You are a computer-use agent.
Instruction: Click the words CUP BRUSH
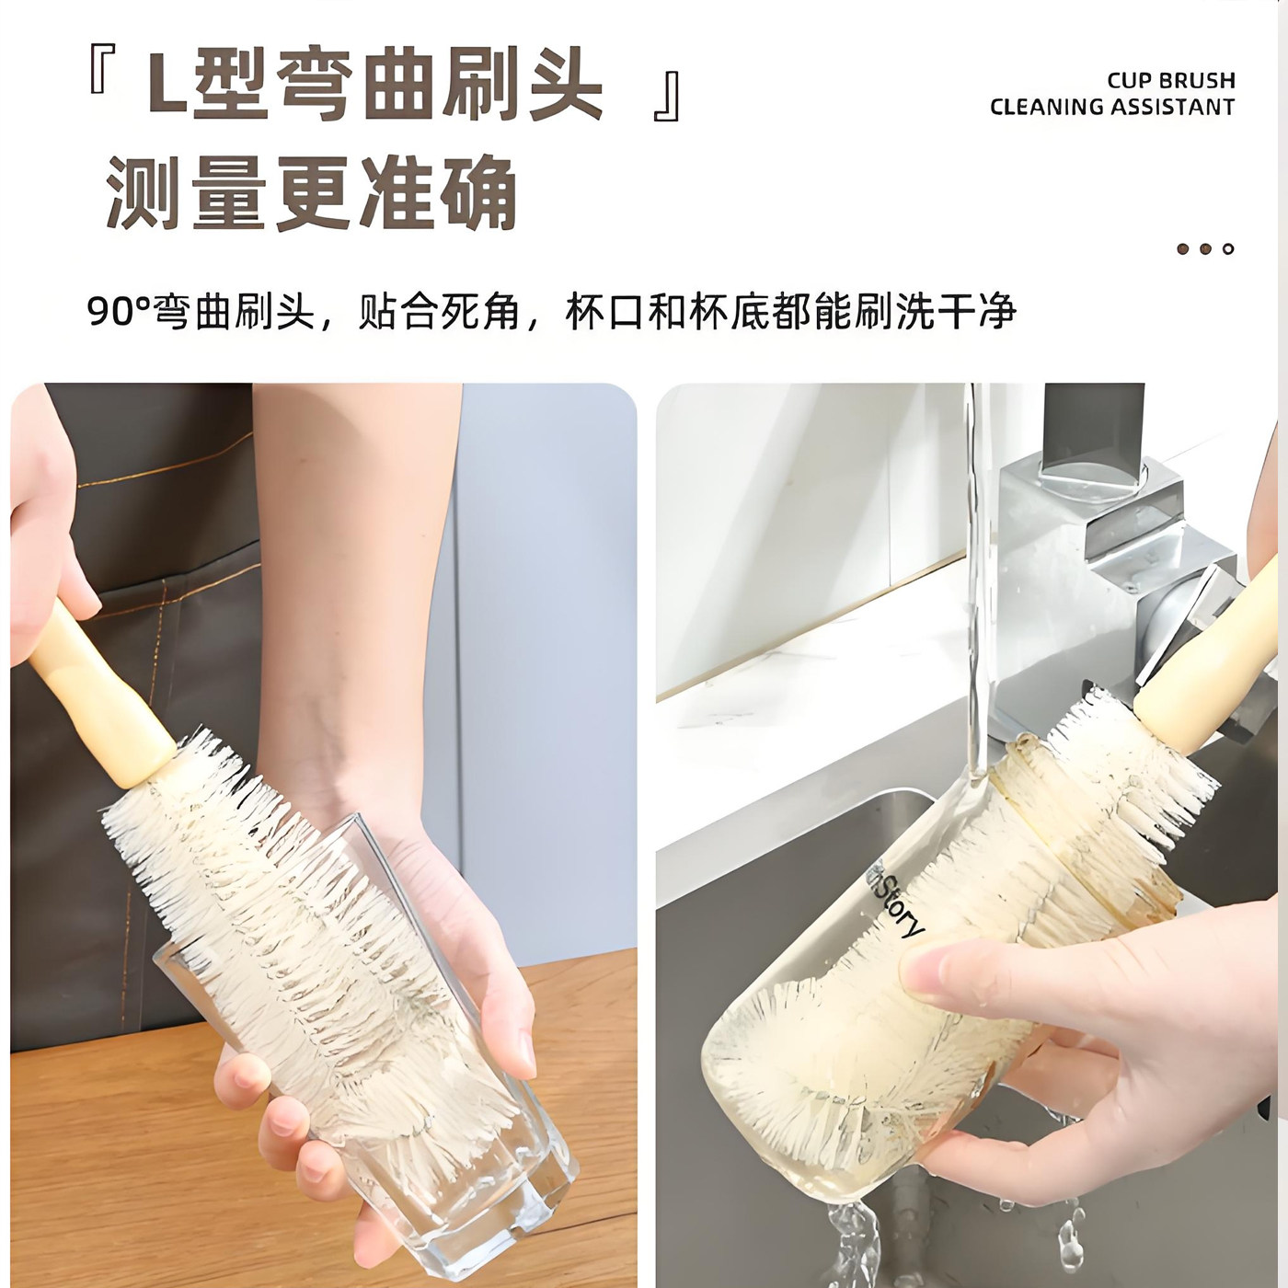pos(1170,80)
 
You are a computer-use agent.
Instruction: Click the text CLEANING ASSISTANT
pos(1111,107)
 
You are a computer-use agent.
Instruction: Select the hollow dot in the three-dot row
pos(1228,249)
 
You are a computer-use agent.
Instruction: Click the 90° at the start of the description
pos(118,313)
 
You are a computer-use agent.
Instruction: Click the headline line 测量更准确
pos(311,193)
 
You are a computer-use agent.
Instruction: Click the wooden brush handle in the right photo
pos(1196,681)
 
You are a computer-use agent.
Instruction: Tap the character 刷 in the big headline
pos(478,87)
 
